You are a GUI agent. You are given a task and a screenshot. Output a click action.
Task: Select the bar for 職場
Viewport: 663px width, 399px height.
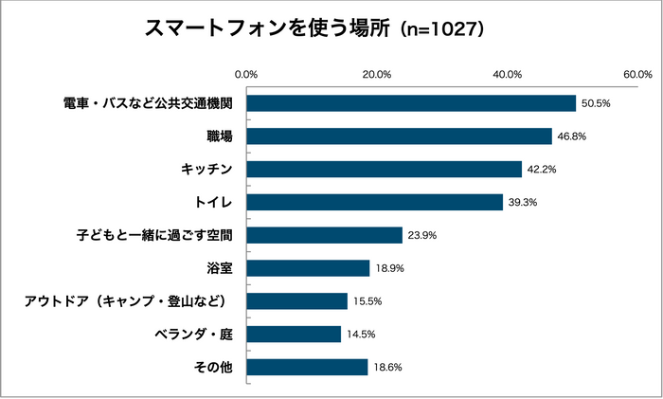(399, 136)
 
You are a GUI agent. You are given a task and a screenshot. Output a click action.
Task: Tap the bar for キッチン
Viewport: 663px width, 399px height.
(384, 170)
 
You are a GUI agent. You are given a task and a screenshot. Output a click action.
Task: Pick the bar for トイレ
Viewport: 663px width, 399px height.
(374, 202)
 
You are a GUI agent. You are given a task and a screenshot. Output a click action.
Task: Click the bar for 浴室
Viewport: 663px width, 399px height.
(308, 268)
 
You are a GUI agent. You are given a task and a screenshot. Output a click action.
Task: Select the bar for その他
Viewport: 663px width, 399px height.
(307, 367)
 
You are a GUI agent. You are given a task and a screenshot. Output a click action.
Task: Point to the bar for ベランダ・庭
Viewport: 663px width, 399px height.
(294, 334)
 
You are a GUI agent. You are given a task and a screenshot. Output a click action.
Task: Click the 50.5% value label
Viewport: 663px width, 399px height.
(597, 103)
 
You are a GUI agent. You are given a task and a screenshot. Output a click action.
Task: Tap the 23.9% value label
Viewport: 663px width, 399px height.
(422, 235)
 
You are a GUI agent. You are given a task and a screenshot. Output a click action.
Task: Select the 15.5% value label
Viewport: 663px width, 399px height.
(367, 301)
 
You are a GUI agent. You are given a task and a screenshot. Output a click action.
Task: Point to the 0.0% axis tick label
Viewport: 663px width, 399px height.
(246, 75)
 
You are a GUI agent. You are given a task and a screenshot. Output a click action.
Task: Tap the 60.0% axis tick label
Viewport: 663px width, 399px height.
(637, 75)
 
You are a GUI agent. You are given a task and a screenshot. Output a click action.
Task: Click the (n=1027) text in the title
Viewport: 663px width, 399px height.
(442, 29)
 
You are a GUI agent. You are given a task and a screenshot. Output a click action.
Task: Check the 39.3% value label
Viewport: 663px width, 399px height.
(524, 202)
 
